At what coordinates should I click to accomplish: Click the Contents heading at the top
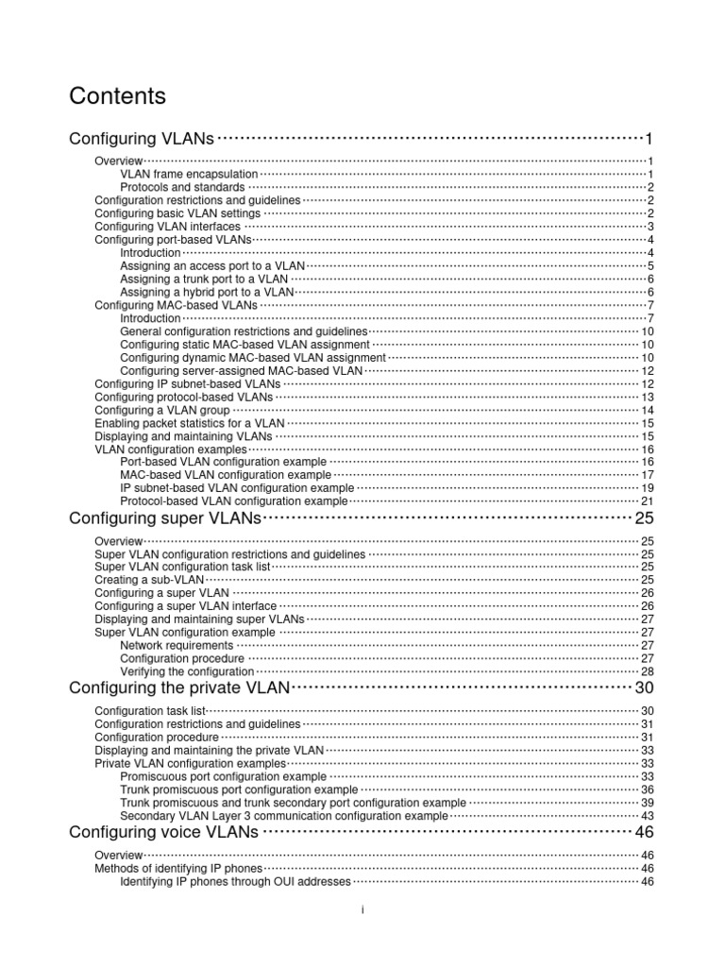click(x=118, y=96)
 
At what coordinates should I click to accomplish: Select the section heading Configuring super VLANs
click(x=165, y=518)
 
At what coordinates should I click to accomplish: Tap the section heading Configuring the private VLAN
click(x=180, y=687)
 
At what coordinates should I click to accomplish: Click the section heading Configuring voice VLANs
click(x=163, y=831)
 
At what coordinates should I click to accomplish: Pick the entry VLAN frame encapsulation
click(x=189, y=174)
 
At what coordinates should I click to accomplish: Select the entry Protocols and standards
click(x=182, y=187)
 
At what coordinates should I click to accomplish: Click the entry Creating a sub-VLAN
click(x=150, y=579)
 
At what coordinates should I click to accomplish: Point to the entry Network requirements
click(x=177, y=645)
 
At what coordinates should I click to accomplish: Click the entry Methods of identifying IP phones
click(x=178, y=868)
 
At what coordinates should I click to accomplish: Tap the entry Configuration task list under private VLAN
click(x=150, y=710)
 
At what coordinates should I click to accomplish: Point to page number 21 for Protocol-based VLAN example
click(x=648, y=501)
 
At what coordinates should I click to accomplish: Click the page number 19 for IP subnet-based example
click(x=648, y=488)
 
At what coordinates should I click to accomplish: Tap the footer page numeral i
click(x=362, y=908)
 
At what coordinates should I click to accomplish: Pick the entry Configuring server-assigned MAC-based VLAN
click(x=242, y=371)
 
